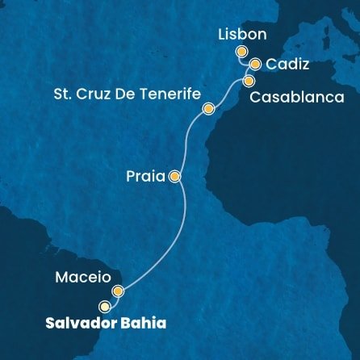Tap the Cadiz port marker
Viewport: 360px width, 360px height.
255,65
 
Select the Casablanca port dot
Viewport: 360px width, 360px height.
249,81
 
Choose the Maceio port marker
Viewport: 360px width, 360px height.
118,291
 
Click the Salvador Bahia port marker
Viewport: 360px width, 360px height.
104,307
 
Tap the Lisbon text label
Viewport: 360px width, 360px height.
240,36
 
